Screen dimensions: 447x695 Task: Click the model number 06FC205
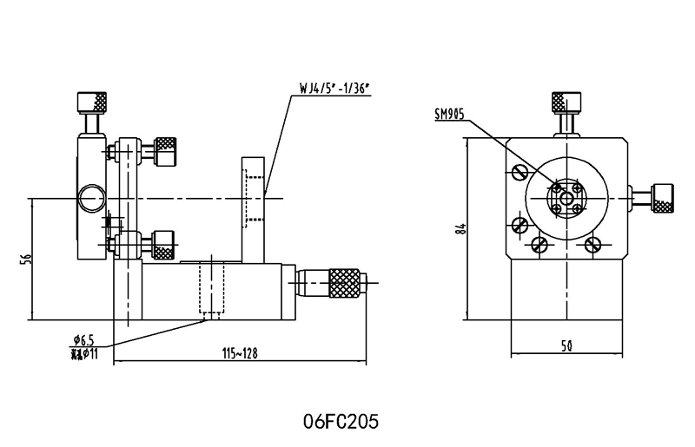point(341,421)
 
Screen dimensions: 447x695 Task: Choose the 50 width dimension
point(566,346)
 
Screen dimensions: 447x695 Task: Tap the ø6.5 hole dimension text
point(84,339)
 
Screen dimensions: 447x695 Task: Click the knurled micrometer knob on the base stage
point(345,282)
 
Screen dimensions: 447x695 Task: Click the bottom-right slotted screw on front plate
point(593,245)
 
